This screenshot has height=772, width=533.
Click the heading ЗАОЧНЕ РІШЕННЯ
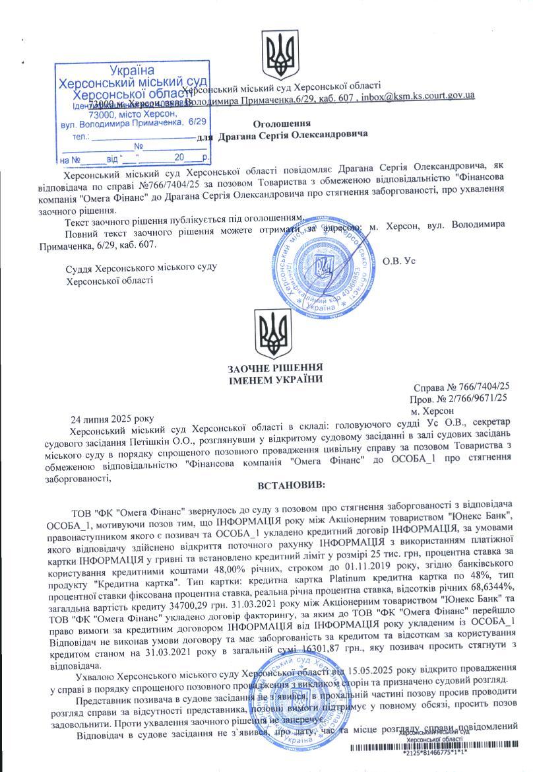274,368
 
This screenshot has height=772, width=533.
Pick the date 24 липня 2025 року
111,419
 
